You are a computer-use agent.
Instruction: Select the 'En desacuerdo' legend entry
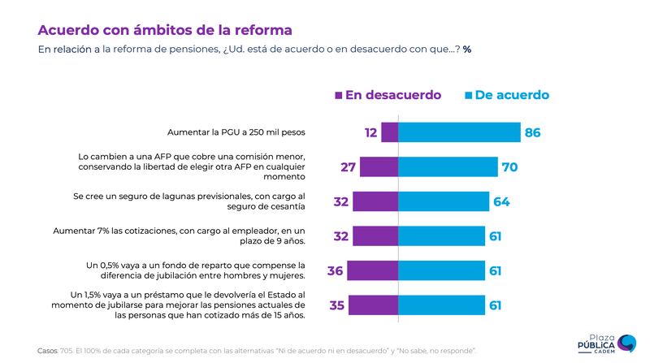coord(388,95)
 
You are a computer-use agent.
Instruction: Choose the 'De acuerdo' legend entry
coord(506,95)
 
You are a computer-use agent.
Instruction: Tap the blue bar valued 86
coord(459,132)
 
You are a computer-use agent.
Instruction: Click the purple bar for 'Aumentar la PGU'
coord(389,132)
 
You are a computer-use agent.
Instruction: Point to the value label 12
coord(371,132)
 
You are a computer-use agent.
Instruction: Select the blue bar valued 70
coord(448,166)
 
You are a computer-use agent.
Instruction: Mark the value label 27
coord(349,167)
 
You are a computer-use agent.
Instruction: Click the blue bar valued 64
coord(444,201)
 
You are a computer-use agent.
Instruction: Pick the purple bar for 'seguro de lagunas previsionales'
coord(375,201)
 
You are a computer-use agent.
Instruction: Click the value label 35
coord(336,305)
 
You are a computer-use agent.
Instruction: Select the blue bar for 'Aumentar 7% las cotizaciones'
coord(441,236)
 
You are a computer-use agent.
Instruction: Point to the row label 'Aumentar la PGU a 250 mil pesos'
coord(236,132)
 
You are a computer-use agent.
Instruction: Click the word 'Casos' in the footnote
coord(47,350)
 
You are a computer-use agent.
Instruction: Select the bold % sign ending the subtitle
coord(467,50)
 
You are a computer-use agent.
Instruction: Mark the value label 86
coord(533,132)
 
